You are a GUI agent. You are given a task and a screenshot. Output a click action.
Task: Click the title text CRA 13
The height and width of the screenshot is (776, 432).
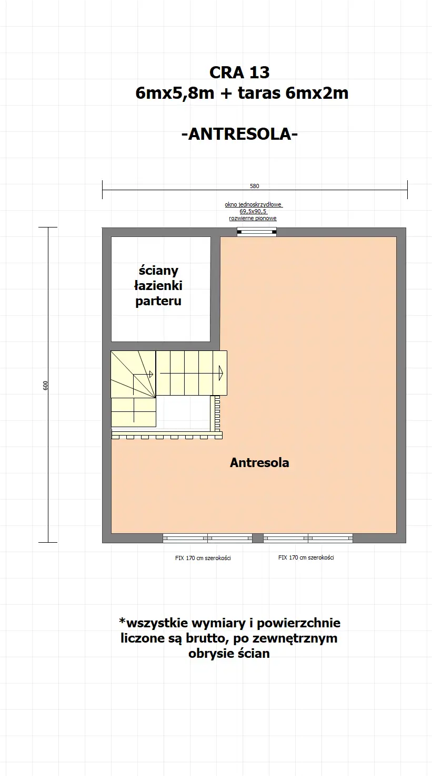coord(239,72)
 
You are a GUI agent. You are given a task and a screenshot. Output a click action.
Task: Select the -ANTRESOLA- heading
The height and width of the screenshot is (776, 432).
coord(239,134)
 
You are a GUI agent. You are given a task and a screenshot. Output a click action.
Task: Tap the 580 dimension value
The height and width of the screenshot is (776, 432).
coord(255,186)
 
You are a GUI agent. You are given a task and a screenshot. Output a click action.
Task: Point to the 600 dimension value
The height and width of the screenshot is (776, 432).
coord(46,385)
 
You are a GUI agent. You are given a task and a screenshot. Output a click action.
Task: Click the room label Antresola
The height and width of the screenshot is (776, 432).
coord(259,463)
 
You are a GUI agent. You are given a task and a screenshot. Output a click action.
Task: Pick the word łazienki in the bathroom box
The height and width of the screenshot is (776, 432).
coord(158,286)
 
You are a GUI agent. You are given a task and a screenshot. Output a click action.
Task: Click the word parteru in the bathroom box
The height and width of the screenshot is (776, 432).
coord(158,301)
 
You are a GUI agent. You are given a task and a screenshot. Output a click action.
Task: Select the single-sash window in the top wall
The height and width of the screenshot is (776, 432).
coord(257,232)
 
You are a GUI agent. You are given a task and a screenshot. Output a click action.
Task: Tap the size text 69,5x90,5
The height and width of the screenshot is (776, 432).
coord(253,211)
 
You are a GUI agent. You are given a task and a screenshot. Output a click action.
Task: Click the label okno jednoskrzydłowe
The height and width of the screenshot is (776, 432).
coord(254,205)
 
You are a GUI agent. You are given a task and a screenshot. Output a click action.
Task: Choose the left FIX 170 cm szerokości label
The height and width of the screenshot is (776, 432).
coord(203,558)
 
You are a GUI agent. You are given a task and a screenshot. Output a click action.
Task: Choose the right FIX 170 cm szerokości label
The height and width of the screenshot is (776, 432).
coord(306,557)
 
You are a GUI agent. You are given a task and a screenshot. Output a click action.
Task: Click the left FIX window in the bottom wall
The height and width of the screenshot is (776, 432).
coord(207,538)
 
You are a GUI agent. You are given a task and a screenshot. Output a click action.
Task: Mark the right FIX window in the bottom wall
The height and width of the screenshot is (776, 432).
coord(308,538)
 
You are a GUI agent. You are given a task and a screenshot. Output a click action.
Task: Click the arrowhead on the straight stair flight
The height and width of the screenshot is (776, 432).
coord(221,373)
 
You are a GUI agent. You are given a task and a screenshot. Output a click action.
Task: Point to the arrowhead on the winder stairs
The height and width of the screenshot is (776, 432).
coord(151,374)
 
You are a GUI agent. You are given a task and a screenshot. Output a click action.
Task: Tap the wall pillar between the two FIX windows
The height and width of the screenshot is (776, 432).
coord(257,538)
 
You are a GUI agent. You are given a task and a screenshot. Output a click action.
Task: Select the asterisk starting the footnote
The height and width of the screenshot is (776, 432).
coord(123,622)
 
